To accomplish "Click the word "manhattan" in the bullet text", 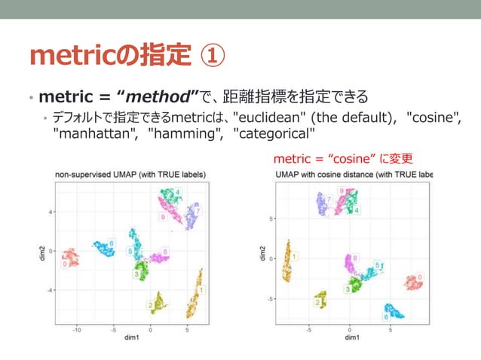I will pyautogui.click(x=96, y=135).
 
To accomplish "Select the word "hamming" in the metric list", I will pyautogui.click(x=183, y=135).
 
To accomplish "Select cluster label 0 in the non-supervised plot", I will pyautogui.click(x=66, y=264).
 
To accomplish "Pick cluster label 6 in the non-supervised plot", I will pyautogui.click(x=111, y=243).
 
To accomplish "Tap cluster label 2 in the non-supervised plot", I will pyautogui.click(x=151, y=305).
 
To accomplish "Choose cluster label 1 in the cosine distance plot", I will pyautogui.click(x=295, y=257).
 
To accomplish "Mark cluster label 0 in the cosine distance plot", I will pyautogui.click(x=420, y=276).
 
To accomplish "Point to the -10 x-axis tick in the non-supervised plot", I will pyautogui.click(x=77, y=329).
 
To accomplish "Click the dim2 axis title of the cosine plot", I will pyautogui.click(x=261, y=255).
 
